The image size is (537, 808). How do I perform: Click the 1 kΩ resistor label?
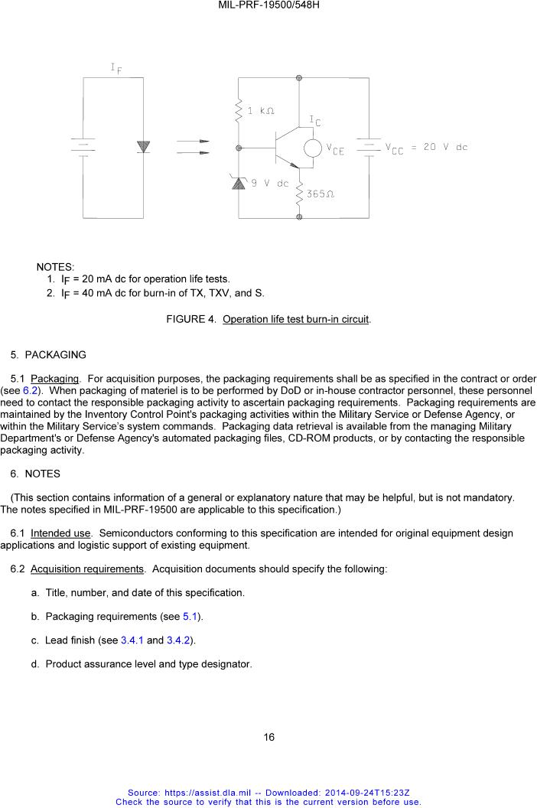click(x=261, y=111)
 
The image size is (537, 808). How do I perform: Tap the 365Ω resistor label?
click(x=321, y=194)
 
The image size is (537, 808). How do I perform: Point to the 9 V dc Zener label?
click(x=271, y=184)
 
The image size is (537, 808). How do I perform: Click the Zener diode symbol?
click(x=239, y=183)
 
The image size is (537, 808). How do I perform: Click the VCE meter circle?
click(x=314, y=148)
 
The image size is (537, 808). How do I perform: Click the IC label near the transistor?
click(x=315, y=121)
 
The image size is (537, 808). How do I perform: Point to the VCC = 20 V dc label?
click(x=425, y=147)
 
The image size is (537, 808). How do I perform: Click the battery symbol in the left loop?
click(x=83, y=146)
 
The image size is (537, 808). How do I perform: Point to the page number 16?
click(x=268, y=738)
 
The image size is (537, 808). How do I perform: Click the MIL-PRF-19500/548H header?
click(x=268, y=5)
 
